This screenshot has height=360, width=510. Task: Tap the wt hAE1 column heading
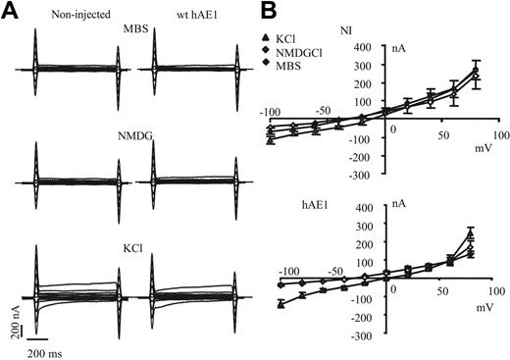click(166, 13)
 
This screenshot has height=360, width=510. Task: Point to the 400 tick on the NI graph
click(363, 47)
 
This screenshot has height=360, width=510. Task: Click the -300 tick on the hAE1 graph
click(360, 335)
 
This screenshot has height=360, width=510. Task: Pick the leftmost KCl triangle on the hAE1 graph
click(281, 306)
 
